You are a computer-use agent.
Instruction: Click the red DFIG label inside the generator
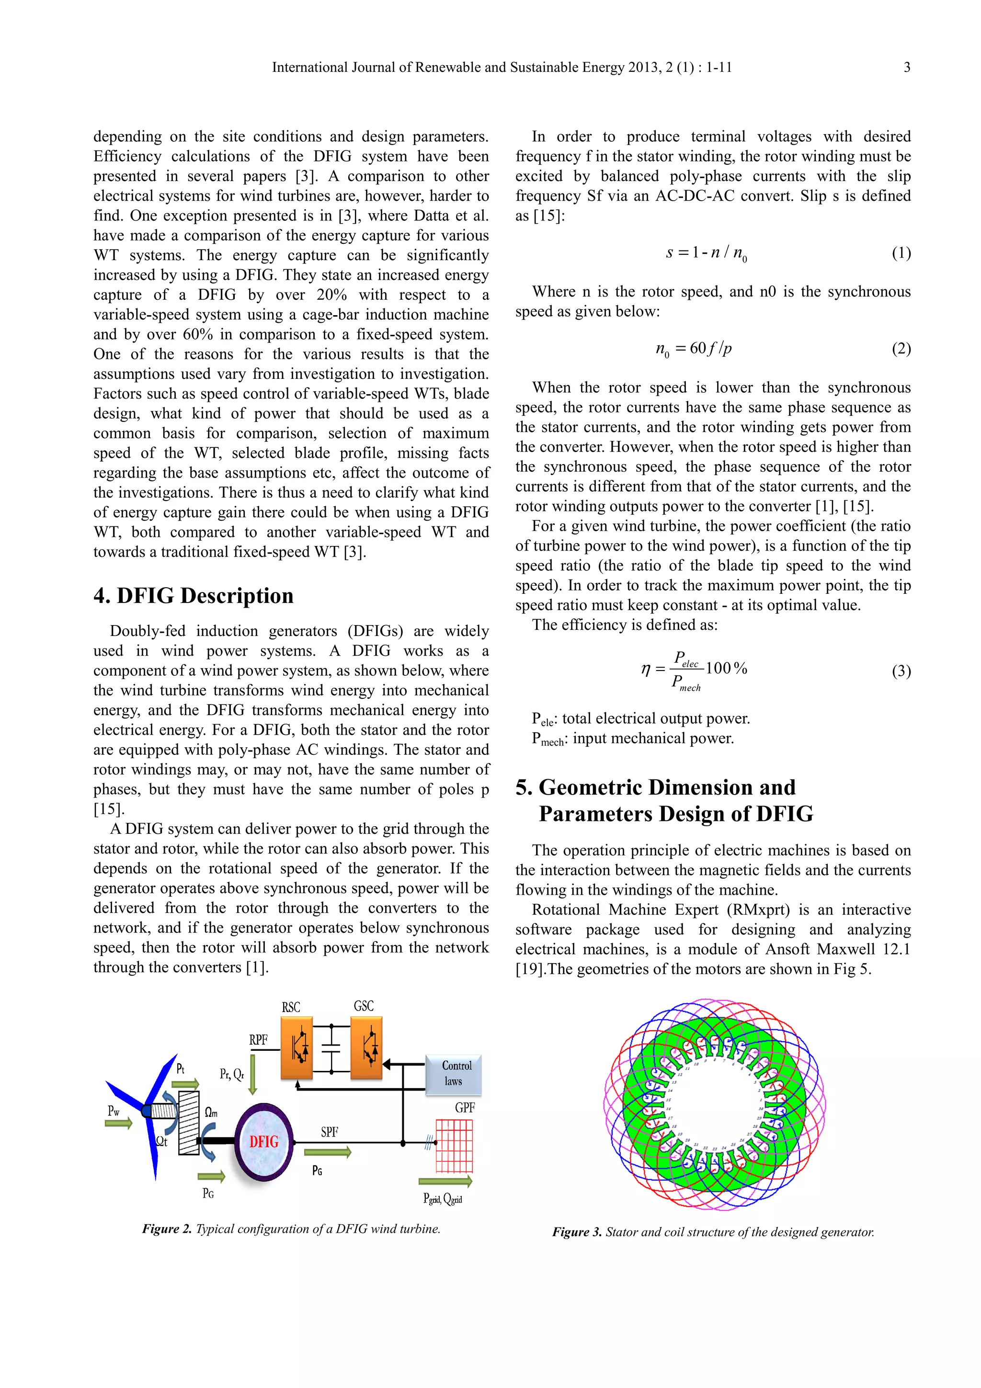tap(264, 1141)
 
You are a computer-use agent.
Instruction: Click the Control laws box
tap(453, 1074)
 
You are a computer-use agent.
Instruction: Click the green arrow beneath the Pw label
tap(118, 1123)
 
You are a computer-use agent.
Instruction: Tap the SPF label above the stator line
tap(330, 1132)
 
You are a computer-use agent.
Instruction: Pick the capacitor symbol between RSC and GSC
tap(331, 1047)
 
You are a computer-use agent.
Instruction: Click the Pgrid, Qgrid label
tap(443, 1198)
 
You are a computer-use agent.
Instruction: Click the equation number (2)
tap(901, 349)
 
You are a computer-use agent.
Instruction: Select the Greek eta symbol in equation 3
tap(646, 669)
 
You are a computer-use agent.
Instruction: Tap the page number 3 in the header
tap(907, 67)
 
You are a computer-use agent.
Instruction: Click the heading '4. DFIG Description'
tap(194, 595)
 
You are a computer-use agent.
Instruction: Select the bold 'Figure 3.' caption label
tap(577, 1232)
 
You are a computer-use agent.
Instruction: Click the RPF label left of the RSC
tap(258, 1040)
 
